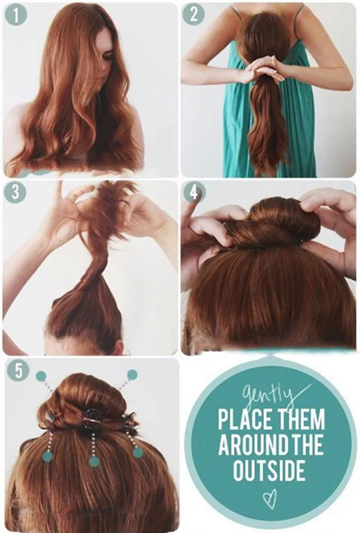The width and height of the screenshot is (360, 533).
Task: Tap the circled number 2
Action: tap(194, 15)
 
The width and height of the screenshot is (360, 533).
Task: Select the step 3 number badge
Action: tap(15, 193)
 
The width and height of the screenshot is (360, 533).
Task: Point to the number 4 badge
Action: tap(194, 193)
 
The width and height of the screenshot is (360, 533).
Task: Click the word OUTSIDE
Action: tap(269, 470)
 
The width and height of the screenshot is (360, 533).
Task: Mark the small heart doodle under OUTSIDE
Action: tap(269, 501)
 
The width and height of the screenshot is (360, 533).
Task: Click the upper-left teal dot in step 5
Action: tap(41, 376)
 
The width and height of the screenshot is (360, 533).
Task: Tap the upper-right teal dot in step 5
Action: tap(132, 375)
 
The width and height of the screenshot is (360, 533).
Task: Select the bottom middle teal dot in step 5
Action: tap(94, 462)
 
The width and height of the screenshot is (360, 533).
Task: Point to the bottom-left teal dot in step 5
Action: tap(47, 457)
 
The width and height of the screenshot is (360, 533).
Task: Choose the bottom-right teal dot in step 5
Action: tap(138, 452)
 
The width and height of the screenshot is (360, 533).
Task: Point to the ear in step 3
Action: tap(118, 347)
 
